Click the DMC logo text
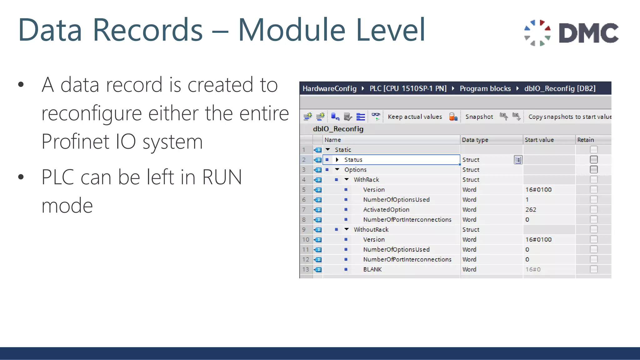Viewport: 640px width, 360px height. [588, 33]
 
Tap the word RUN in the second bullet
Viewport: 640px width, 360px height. [222, 177]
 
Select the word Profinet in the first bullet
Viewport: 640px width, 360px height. [75, 142]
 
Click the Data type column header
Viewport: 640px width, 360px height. [475, 140]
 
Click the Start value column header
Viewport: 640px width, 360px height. [539, 140]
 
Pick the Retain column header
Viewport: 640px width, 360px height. [585, 140]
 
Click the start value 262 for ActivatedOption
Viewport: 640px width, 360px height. [531, 210]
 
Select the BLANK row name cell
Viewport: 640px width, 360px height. [372, 269]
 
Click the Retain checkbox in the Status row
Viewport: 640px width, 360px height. [593, 160]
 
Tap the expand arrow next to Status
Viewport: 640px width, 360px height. [337, 160]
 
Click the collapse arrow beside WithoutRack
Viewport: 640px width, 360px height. [347, 229]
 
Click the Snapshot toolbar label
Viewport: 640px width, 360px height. [479, 117]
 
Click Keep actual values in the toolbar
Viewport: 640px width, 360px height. [415, 117]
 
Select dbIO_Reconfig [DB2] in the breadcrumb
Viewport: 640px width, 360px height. [560, 88]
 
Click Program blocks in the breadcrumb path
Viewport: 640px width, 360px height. [485, 88]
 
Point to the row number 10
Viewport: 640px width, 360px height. [306, 240]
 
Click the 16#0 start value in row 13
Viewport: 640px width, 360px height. [533, 269]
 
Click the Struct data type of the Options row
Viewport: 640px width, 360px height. [471, 170]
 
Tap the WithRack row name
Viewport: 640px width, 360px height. [366, 180]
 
